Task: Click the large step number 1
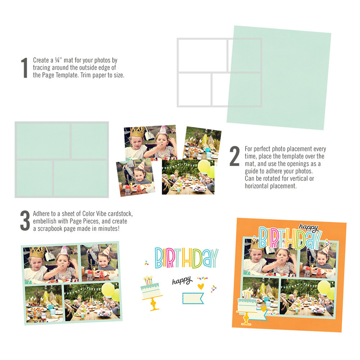click(x=24, y=68)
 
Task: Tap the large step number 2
click(x=234, y=157)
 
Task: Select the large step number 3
click(x=25, y=220)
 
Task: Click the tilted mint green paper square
click(x=279, y=77)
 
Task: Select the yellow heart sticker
click(x=201, y=286)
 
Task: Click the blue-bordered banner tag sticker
click(x=193, y=298)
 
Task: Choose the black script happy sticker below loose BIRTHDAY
click(x=182, y=281)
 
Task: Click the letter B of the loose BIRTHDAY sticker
click(x=159, y=258)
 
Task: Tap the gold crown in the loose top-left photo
click(x=137, y=132)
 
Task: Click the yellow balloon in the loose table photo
click(x=204, y=166)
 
